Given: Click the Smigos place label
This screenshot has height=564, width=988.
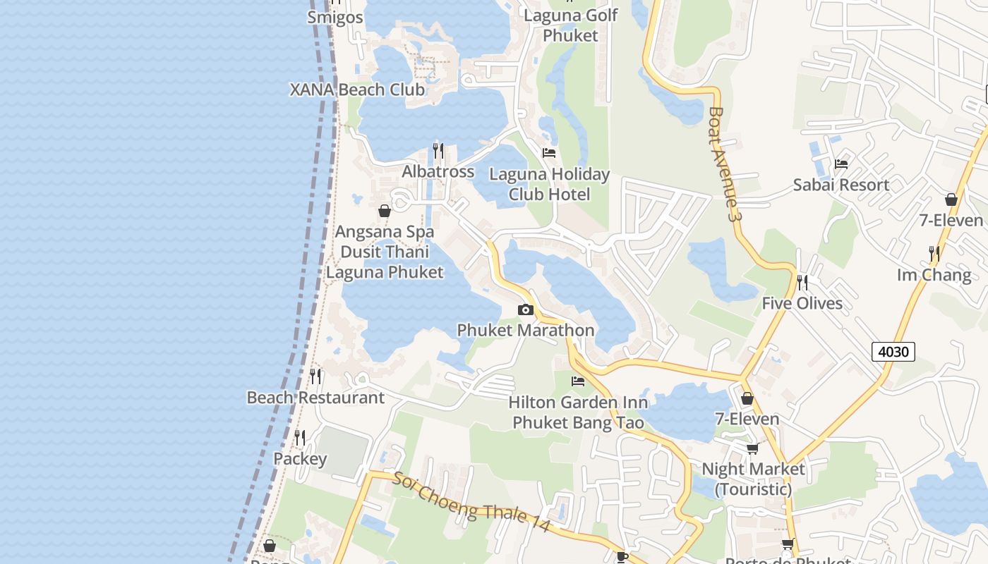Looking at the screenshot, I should pos(335,17).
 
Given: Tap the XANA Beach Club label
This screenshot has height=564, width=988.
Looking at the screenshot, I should pos(358,90).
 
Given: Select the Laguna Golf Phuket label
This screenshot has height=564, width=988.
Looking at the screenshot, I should pos(571,25).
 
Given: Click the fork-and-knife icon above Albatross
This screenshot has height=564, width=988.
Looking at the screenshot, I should pos(438,151).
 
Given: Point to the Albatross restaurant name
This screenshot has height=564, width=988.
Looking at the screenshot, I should pos(438,171).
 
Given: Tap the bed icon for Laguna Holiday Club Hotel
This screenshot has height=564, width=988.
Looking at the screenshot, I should pos(549,153).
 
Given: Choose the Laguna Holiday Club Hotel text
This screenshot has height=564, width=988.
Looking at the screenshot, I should pos(550,184).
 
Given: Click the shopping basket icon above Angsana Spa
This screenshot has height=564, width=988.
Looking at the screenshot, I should pos(385,211).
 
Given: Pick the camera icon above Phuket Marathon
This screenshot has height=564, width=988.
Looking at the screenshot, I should pos(525,309).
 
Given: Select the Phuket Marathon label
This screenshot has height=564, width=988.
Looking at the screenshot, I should pos(526,330).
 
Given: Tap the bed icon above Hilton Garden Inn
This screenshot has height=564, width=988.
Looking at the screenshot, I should pos(578,381).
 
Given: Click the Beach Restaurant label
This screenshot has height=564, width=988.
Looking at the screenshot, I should pos(315,398).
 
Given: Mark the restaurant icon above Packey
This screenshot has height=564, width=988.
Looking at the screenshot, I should pos(300,439).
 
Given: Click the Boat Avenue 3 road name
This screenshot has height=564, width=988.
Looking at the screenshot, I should pos(725,164).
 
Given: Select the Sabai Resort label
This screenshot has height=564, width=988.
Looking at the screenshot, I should pos(841,185).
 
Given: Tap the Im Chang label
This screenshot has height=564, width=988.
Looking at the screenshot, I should pos(934,274).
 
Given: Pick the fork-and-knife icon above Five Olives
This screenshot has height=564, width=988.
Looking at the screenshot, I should pos(802,283).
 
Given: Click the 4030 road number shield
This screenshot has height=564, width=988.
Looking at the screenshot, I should pos(893,350).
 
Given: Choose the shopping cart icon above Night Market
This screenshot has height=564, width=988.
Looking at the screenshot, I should pos(753,448).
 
